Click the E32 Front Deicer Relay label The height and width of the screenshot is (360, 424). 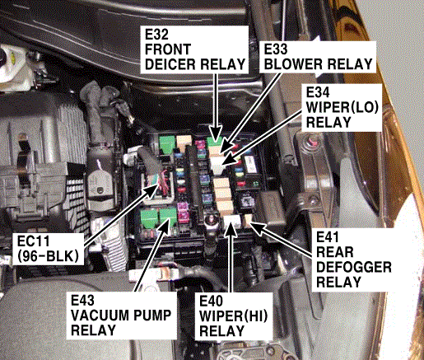pyautogui.click(x=194, y=49)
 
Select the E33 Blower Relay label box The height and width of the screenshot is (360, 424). pyautogui.click(x=318, y=57)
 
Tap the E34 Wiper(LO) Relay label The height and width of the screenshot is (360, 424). pyautogui.click(x=342, y=107)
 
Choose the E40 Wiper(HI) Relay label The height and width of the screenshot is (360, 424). pyautogui.click(x=234, y=316)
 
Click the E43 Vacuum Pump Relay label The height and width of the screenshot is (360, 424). pyautogui.click(x=121, y=316)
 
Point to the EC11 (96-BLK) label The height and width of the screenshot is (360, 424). pyautogui.click(x=48, y=249)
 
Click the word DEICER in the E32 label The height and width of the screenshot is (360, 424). pyautogui.click(x=170, y=64)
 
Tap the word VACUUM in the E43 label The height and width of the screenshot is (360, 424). pyautogui.click(x=95, y=316)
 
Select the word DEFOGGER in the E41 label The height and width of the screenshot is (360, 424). pyautogui.click(x=354, y=267)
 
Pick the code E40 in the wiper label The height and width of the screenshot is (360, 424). pyautogui.click(x=211, y=301)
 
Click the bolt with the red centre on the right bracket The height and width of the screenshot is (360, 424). pyautogui.click(x=311, y=141)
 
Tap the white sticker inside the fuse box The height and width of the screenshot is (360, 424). pyautogui.click(x=251, y=164)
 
